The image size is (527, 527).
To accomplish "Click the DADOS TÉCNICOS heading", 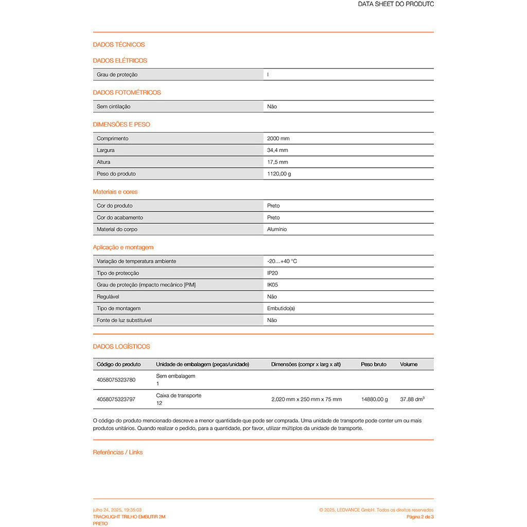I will coord(119,45).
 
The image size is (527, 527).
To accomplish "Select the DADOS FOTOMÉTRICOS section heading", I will coord(127,93).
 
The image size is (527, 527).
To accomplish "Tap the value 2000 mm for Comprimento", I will coord(278,138).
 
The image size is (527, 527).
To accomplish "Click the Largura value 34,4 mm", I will coord(277,150).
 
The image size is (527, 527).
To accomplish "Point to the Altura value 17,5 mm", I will coord(277,162).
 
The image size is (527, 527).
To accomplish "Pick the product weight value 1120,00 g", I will coord(279,174).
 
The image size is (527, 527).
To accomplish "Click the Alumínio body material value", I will coord(277,230).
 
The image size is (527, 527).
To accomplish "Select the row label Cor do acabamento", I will coord(120,218).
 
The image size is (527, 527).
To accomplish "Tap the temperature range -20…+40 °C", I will coord(282,261).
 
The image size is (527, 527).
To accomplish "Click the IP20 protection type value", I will coord(272,273).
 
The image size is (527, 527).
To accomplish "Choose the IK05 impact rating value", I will coord(272,285).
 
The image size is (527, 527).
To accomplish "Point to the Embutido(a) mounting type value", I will coord(281,309).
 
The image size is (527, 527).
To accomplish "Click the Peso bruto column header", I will coord(374,364).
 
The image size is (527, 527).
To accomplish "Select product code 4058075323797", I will coord(116,399).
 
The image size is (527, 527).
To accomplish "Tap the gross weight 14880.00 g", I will coord(375,399).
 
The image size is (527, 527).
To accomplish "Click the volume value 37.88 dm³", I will coord(412,399).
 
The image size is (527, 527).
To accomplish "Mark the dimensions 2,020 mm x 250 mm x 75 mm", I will coord(306,399).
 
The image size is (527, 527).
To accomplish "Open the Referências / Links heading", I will coord(118,452).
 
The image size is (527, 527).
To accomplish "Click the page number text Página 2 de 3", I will coord(420,517).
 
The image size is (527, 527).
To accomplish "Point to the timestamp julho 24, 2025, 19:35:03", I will coord(117,510).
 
